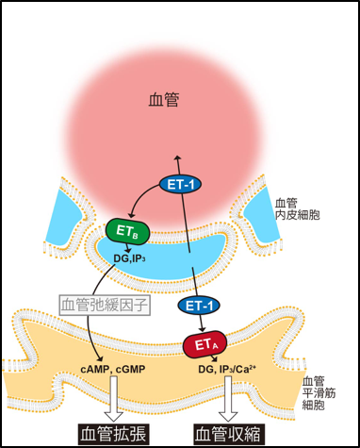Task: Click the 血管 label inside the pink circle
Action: (x=164, y=100)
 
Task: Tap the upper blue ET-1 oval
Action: (x=181, y=185)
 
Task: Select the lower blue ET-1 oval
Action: (x=199, y=306)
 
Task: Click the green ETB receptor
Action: (x=127, y=232)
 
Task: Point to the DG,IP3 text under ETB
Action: (x=129, y=258)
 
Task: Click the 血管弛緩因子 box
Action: (x=105, y=305)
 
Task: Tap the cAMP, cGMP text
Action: (x=113, y=369)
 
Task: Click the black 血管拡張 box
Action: (x=113, y=435)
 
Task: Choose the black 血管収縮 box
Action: (x=228, y=435)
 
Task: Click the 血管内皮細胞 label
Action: (x=297, y=209)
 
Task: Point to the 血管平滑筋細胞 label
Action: (x=319, y=393)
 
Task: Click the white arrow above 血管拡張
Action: (x=113, y=399)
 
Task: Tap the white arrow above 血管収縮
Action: (x=228, y=399)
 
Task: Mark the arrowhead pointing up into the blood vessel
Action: (x=177, y=158)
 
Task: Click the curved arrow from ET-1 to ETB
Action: (x=139, y=195)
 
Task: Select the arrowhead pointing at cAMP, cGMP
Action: (x=100, y=358)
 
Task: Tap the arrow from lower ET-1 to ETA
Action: (x=202, y=324)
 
